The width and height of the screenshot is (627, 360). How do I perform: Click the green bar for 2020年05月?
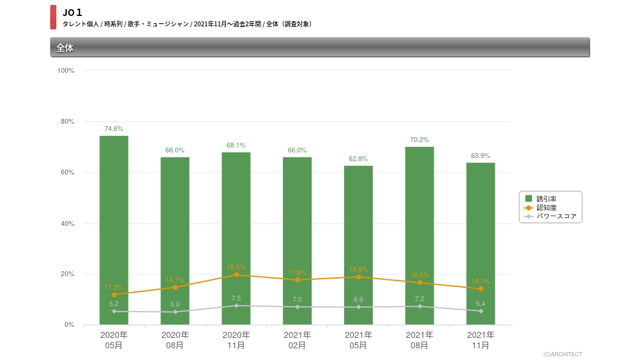click(114, 230)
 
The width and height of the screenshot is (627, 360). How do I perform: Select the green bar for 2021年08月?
click(419, 236)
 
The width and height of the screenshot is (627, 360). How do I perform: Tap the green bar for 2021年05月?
click(358, 245)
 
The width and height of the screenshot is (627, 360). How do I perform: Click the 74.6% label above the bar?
click(114, 129)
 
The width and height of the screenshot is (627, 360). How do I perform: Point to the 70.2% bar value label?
click(419, 140)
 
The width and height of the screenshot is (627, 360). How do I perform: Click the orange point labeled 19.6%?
click(236, 275)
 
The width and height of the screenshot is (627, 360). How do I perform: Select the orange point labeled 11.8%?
click(114, 294)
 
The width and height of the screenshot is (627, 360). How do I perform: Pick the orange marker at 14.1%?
click(481, 288)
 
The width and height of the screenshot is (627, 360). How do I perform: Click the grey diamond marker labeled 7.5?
click(236, 306)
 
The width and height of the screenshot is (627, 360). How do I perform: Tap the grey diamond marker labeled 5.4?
click(481, 311)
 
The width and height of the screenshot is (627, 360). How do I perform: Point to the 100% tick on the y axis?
click(66, 70)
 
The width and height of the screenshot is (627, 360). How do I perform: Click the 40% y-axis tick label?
click(67, 223)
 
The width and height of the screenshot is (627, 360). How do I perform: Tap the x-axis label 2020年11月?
click(236, 340)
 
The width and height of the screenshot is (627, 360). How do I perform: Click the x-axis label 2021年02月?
click(297, 340)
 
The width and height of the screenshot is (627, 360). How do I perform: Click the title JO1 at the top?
click(72, 12)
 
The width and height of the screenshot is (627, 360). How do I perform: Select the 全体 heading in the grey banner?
click(65, 47)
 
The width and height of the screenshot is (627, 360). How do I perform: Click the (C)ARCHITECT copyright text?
click(562, 354)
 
